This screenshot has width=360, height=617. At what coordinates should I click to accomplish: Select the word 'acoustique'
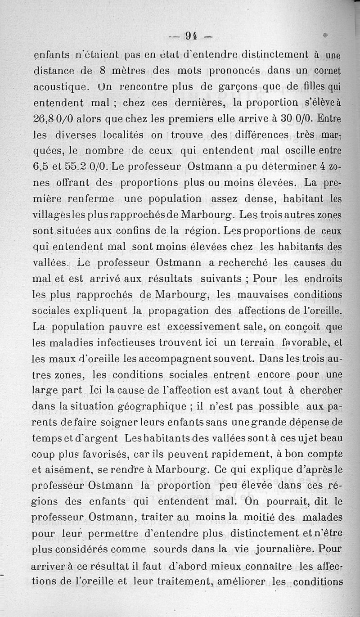pyautogui.click(x=58, y=87)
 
